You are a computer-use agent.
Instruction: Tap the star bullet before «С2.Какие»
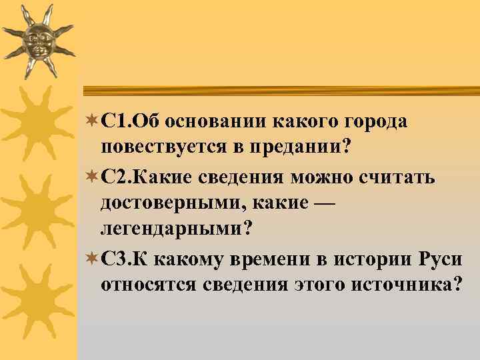tap(91, 178)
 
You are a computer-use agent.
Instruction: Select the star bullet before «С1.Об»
tap(91, 122)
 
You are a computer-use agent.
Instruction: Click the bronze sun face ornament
tap(39, 41)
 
